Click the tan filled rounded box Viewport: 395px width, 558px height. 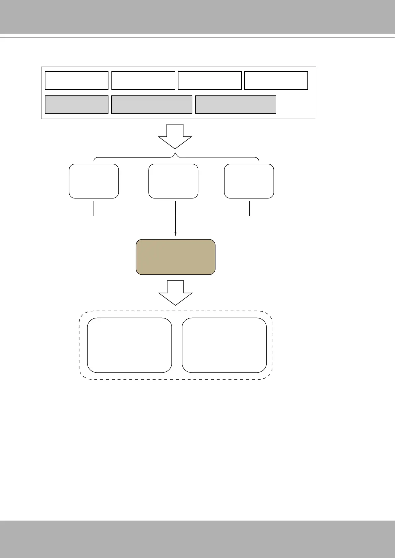click(x=175, y=257)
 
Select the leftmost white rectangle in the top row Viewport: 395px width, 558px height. click(x=77, y=80)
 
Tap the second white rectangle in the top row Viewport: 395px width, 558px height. click(x=143, y=80)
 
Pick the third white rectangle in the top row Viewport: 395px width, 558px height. click(x=210, y=80)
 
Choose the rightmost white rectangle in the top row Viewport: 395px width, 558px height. click(x=276, y=80)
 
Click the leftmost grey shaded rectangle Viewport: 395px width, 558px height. click(x=77, y=105)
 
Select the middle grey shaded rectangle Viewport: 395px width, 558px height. click(x=152, y=105)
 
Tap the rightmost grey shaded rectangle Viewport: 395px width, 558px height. click(x=235, y=105)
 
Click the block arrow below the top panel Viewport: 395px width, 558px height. click(x=175, y=136)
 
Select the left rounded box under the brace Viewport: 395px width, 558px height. click(x=94, y=181)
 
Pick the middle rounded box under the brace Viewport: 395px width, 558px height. click(x=173, y=181)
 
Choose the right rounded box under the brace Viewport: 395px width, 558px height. click(x=249, y=181)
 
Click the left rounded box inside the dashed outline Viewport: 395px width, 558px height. click(x=129, y=345)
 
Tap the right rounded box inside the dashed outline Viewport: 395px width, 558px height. click(x=224, y=345)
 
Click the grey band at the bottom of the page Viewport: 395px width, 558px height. click(x=197, y=539)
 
